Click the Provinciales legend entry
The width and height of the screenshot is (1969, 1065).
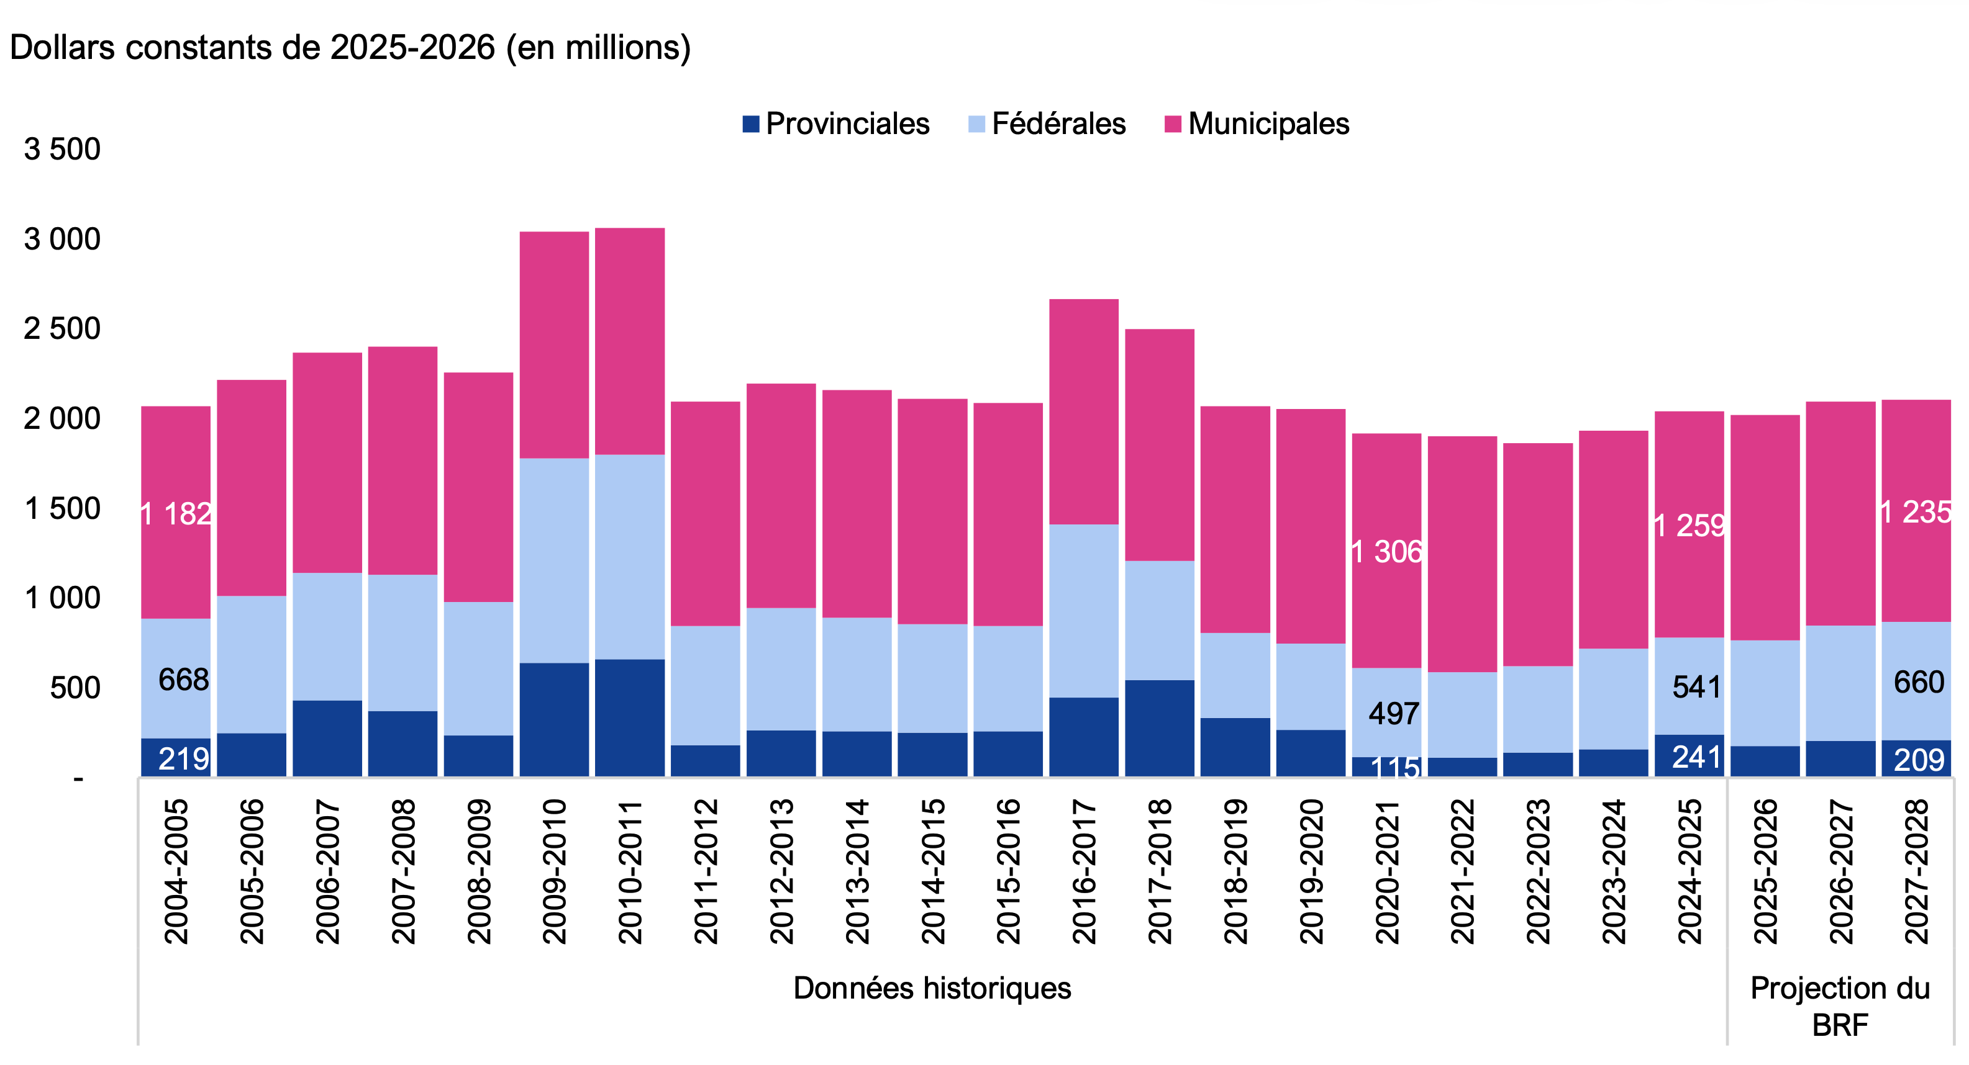pyautogui.click(x=836, y=124)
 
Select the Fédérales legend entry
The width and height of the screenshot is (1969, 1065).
pyautogui.click(x=1048, y=124)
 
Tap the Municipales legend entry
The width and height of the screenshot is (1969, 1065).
pyautogui.click(x=1257, y=124)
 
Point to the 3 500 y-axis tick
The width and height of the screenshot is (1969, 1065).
pyautogui.click(x=62, y=149)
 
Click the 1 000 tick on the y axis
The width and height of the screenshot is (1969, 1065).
pyautogui.click(x=62, y=598)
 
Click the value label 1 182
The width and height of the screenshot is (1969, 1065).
pyautogui.click(x=176, y=514)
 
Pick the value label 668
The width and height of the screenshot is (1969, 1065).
pyautogui.click(x=183, y=679)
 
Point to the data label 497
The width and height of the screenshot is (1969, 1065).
pyautogui.click(x=1393, y=714)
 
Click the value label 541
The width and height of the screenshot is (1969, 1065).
pyautogui.click(x=1696, y=687)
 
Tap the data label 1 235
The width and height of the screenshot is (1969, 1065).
pyautogui.click(x=1916, y=512)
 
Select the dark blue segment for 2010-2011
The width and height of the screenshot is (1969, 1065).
pyautogui.click(x=630, y=717)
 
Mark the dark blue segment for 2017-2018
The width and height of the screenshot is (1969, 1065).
pyautogui.click(x=1160, y=727)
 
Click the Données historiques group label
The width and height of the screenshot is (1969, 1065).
pyautogui.click(x=932, y=988)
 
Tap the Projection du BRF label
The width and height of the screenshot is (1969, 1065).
pyautogui.click(x=1840, y=1005)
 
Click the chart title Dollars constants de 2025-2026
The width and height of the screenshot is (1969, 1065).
pyautogui.click(x=350, y=47)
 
